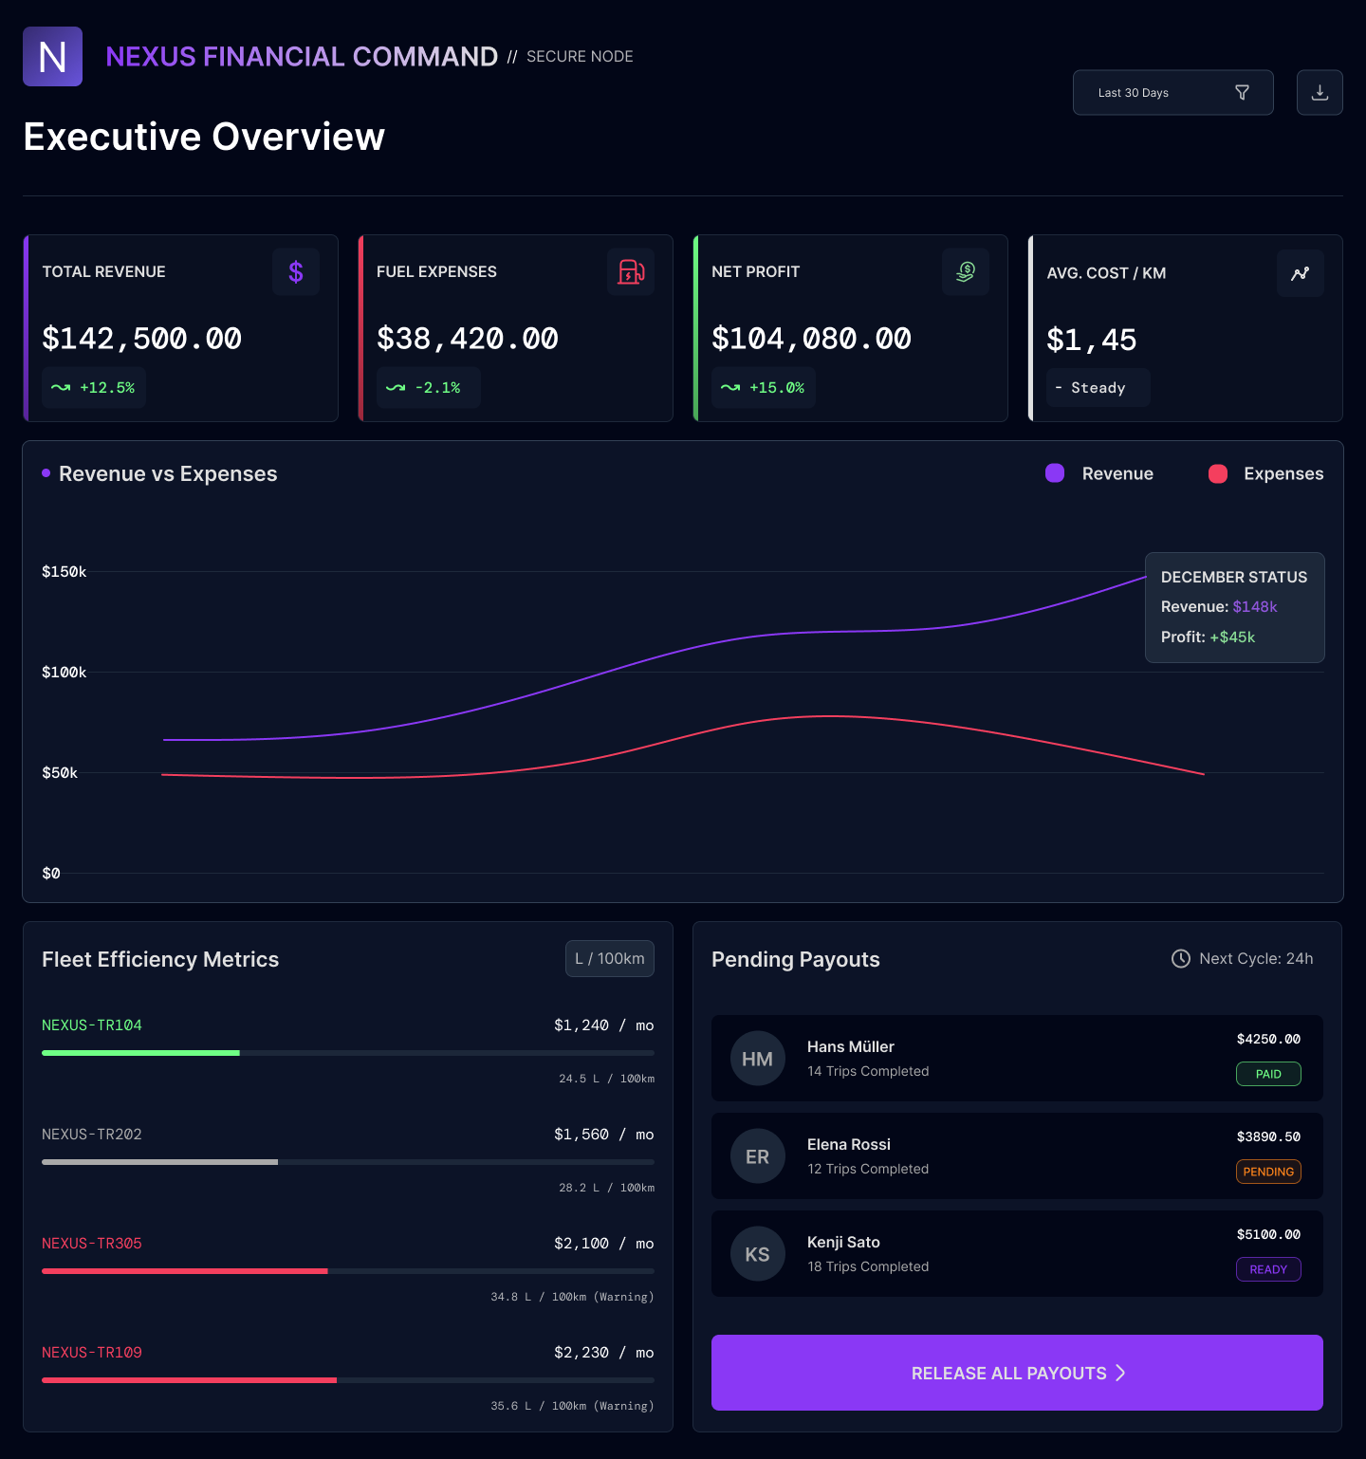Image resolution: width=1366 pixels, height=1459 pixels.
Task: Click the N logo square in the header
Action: click(52, 57)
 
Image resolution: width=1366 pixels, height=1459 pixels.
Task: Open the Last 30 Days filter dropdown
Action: click(1172, 93)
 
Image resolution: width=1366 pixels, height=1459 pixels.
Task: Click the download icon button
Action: click(1320, 93)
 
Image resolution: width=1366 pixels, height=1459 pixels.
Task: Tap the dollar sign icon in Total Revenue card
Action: click(296, 272)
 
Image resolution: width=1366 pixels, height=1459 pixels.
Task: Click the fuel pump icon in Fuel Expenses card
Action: click(631, 272)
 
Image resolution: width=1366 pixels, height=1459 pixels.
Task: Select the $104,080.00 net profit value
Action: click(811, 339)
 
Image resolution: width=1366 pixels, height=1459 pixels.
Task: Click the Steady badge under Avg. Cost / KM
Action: click(1098, 388)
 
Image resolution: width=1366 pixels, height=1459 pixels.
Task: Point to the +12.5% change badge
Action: click(94, 388)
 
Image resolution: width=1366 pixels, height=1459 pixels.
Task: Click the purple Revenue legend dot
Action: click(1055, 473)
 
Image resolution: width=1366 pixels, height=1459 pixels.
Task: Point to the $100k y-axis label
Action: click(64, 673)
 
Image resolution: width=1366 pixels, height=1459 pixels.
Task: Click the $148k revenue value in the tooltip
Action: click(1255, 607)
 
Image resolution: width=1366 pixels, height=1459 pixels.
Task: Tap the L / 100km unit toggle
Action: click(610, 959)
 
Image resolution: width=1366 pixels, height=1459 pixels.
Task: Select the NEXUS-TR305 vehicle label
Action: click(92, 1244)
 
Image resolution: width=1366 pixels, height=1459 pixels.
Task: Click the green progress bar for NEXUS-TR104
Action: click(140, 1053)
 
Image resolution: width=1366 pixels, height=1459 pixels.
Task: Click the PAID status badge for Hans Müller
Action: click(1268, 1074)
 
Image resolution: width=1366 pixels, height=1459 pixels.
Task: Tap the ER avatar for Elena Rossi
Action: click(757, 1156)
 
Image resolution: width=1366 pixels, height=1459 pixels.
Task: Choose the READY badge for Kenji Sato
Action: click(1268, 1269)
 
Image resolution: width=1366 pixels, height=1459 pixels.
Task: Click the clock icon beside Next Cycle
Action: click(1181, 959)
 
